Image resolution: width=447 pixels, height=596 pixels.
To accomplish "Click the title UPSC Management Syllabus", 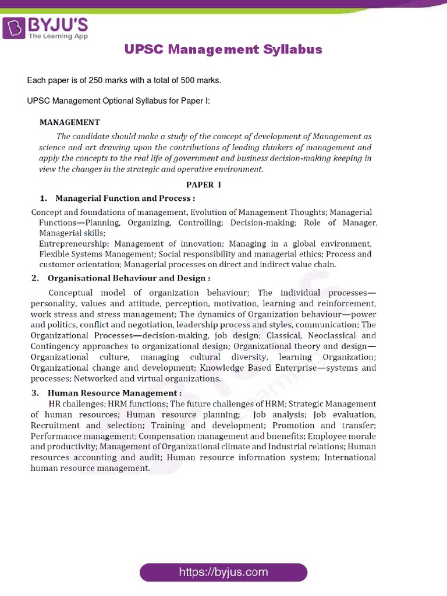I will [223, 49].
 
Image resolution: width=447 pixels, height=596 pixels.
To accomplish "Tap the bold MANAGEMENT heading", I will [69, 122].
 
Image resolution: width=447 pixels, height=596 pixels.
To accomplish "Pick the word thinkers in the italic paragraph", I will [288, 148].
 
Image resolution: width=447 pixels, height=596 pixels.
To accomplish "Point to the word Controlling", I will [200, 223].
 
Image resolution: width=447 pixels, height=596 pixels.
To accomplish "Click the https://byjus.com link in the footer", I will [223, 572].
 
